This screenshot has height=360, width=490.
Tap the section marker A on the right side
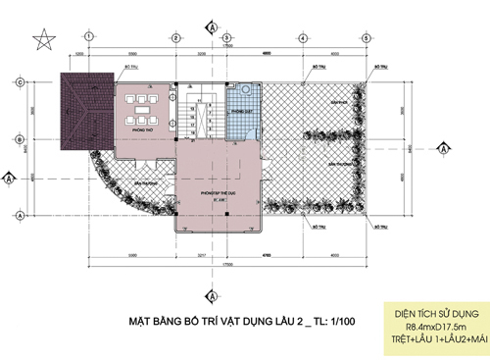443,149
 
